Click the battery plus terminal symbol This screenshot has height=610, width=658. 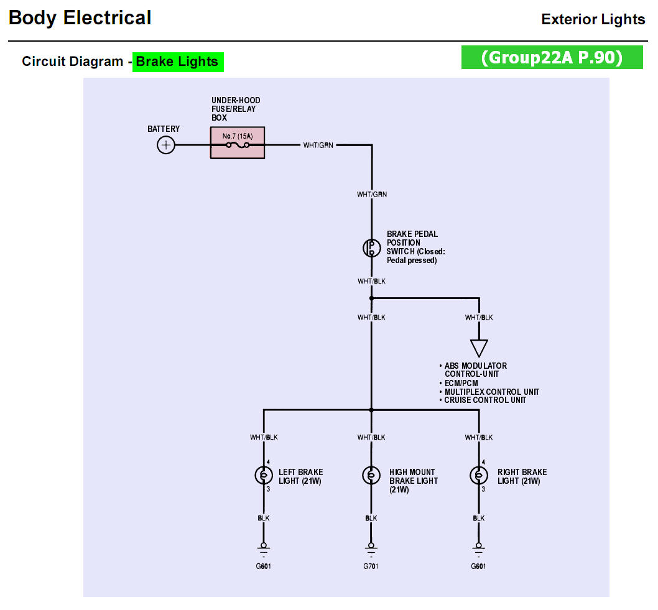166,146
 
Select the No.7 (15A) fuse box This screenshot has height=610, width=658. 238,144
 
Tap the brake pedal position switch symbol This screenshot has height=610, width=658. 371,247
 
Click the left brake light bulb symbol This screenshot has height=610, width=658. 264,476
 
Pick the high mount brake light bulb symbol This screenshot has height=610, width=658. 371,476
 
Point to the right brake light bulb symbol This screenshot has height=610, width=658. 479,476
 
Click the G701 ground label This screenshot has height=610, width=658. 371,566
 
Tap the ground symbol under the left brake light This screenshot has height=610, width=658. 264,547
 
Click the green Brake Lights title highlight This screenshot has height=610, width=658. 178,62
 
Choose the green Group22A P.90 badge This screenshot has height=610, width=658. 552,57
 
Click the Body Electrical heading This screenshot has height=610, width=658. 80,18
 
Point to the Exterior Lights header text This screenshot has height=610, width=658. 593,19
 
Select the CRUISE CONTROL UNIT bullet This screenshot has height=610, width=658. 484,400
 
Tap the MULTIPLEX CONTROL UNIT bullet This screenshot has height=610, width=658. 491,392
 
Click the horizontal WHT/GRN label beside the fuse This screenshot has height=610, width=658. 318,146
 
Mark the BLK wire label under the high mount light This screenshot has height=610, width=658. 371,518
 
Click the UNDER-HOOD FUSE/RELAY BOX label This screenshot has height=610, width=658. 236,109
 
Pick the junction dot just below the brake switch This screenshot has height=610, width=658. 371,298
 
